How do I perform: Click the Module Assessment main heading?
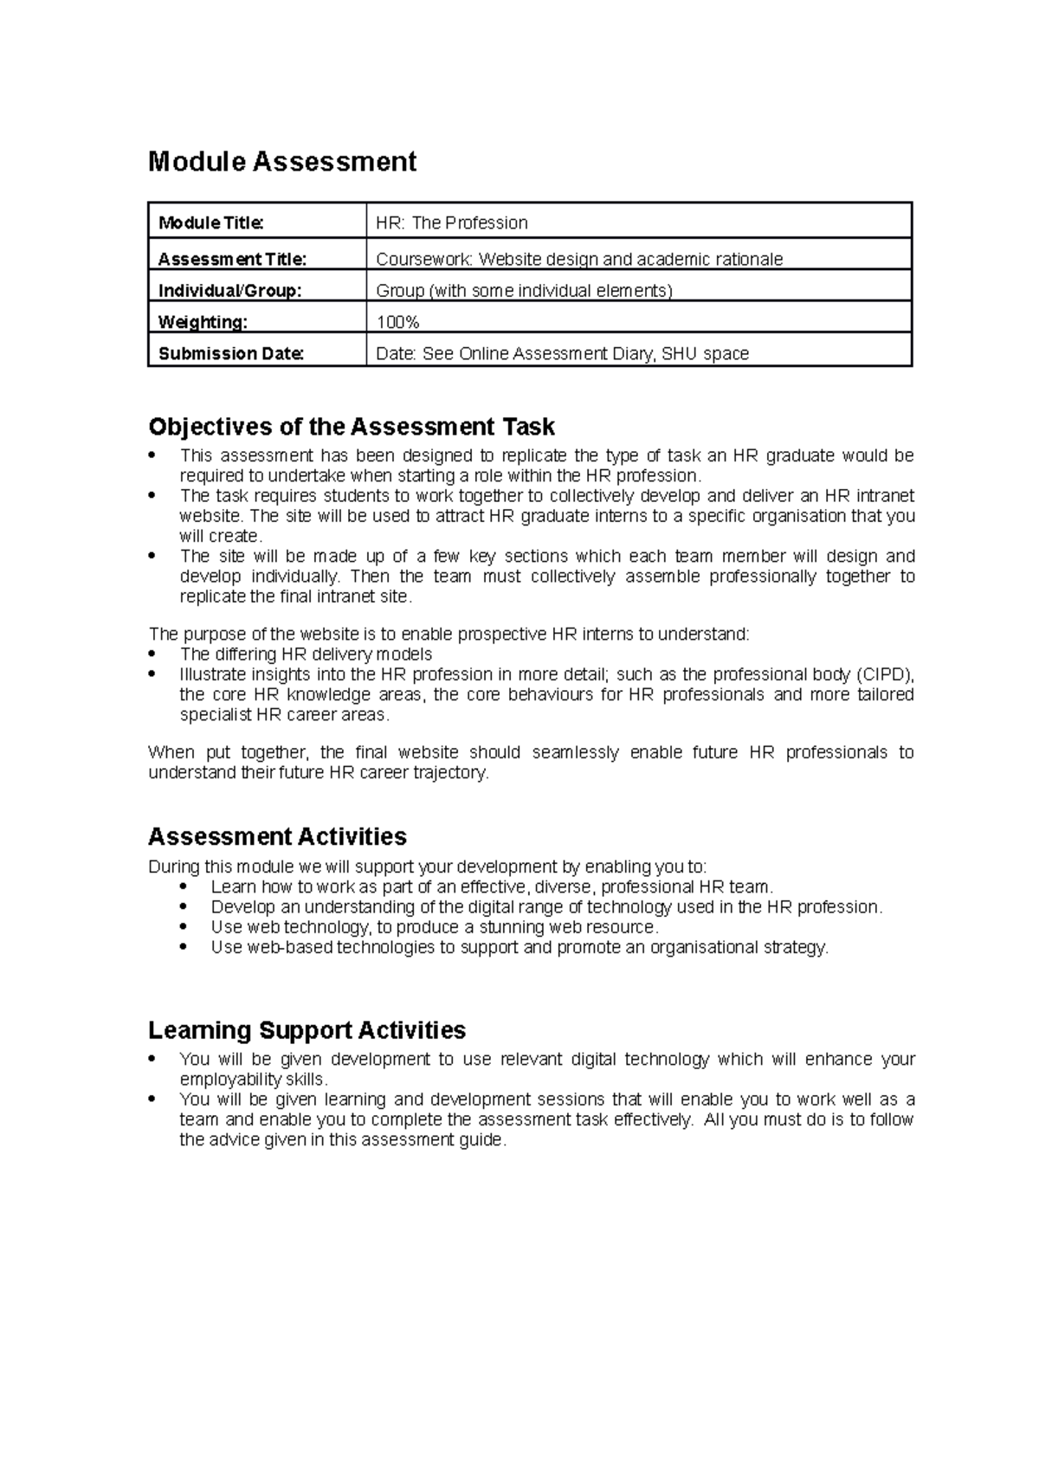[x=282, y=162]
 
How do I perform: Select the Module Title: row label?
[x=210, y=223]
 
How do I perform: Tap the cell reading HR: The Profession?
[x=451, y=223]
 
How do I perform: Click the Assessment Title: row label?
[x=232, y=260]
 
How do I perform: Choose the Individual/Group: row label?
[x=229, y=291]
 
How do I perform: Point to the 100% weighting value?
[x=397, y=323]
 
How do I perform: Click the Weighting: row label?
[x=203, y=323]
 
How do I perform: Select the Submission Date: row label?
[x=231, y=354]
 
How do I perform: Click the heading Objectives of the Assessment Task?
[x=352, y=427]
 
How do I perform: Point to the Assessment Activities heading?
[x=277, y=836]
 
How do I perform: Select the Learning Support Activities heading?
[x=307, y=1030]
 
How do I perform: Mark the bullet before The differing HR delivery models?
[x=153, y=654]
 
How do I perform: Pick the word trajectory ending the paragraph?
[x=451, y=773]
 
